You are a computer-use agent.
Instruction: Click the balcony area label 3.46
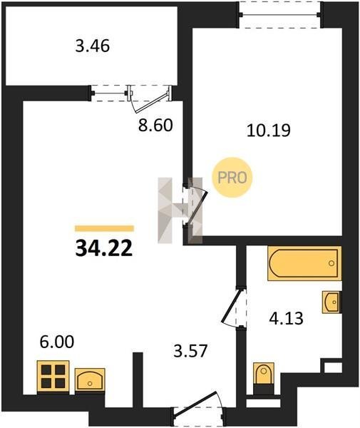pos(93,46)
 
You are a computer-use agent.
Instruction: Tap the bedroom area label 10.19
pos(269,131)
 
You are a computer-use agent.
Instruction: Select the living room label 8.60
pos(155,126)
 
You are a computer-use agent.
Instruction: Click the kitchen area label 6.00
pos(57,342)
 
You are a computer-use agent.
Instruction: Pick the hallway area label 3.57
pos(190,351)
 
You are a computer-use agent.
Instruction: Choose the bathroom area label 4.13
pos(286,319)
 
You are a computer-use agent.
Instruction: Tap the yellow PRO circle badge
pos(232,178)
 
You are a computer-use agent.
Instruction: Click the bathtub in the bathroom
pos(304,263)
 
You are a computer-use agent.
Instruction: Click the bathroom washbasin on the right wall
pos(331,302)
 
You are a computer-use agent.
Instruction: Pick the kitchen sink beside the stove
pos(90,380)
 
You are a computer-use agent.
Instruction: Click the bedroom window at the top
pos(280,14)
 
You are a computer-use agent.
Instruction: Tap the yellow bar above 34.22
pos(105,228)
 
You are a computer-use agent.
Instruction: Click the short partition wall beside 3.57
pos(138,380)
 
